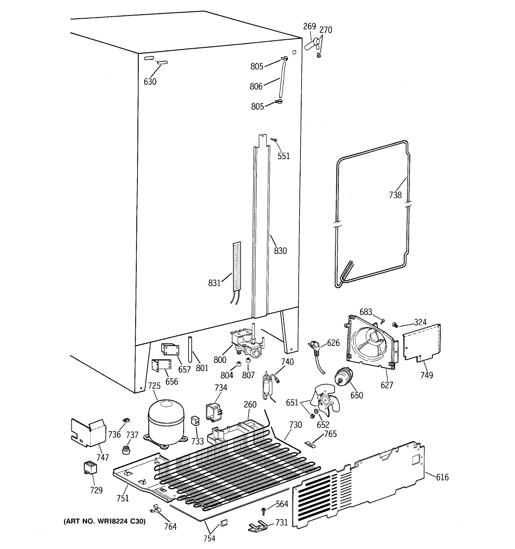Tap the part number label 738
pos(395,195)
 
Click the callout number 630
pos(150,82)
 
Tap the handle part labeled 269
pos(312,44)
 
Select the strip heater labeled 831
pos(236,266)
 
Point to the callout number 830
pos(280,251)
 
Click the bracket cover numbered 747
pos(88,433)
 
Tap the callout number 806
pos(256,87)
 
